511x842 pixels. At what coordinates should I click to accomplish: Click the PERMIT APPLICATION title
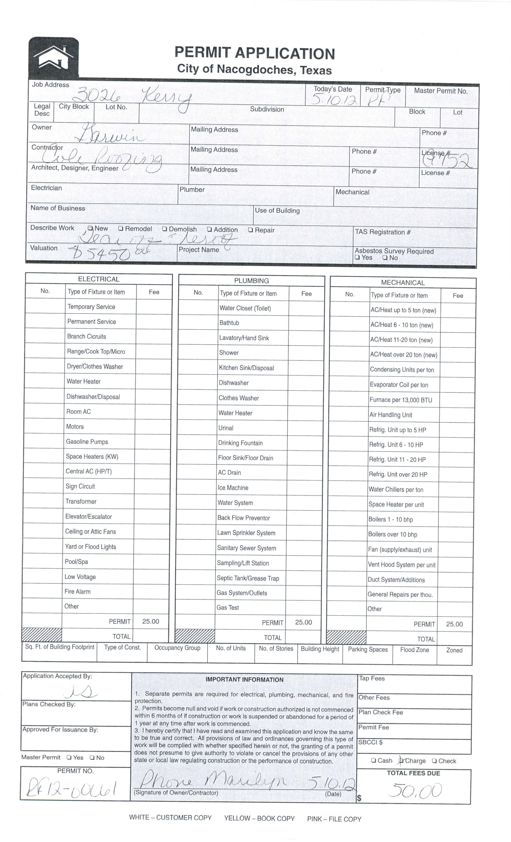point(254,53)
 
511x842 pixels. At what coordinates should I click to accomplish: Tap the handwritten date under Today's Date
point(334,100)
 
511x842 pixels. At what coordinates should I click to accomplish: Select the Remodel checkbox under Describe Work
point(121,229)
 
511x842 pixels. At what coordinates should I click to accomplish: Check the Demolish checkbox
point(165,229)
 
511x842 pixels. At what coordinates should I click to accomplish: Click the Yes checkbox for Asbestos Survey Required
point(357,257)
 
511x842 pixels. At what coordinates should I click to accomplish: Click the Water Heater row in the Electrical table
point(84,381)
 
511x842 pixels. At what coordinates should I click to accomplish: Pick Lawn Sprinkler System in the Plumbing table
point(246,533)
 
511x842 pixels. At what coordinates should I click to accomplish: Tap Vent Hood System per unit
point(401,565)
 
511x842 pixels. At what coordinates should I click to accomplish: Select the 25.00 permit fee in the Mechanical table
point(454,624)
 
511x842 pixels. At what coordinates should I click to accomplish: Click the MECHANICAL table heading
point(403,283)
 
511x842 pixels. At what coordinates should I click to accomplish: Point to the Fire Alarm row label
point(78,592)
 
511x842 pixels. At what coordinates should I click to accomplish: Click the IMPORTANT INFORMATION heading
point(244,680)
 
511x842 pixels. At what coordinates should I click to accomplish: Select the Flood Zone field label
point(414,650)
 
